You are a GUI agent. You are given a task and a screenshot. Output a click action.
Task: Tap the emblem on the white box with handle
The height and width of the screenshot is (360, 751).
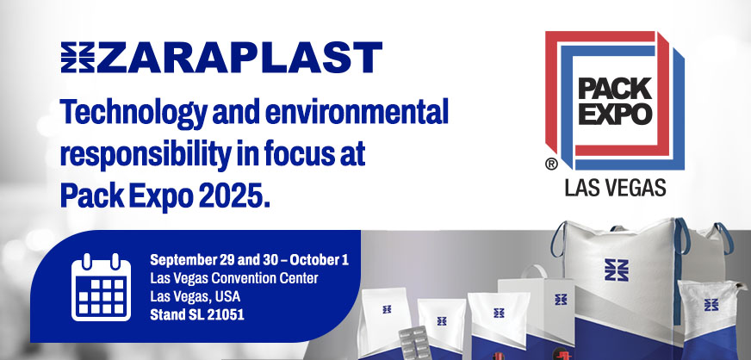click(x=561, y=300)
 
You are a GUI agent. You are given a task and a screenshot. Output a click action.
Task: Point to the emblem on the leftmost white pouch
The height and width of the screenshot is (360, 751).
click(x=387, y=306)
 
